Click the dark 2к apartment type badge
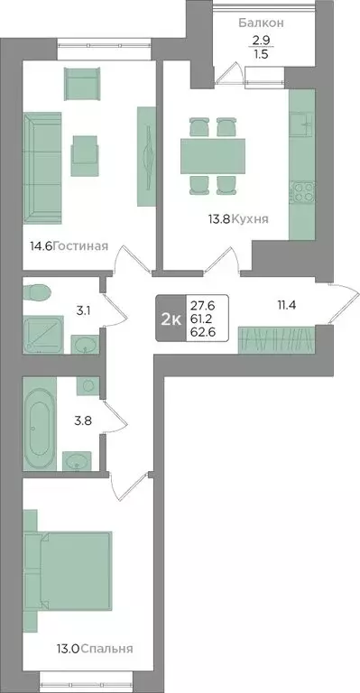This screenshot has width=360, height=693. (169, 319)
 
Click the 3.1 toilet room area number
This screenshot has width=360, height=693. (83, 311)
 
